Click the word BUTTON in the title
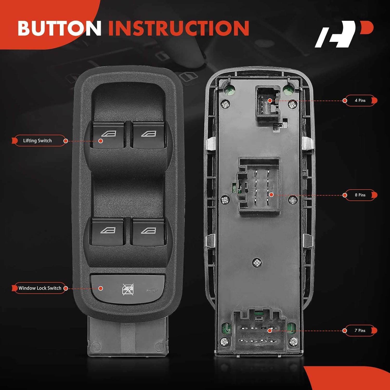point(59,28)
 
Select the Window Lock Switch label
point(40,288)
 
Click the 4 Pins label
point(360,100)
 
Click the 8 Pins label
point(360,195)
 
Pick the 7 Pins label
point(360,330)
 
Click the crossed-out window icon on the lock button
point(128,289)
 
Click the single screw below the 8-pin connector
point(257,263)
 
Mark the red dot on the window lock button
point(101,288)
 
